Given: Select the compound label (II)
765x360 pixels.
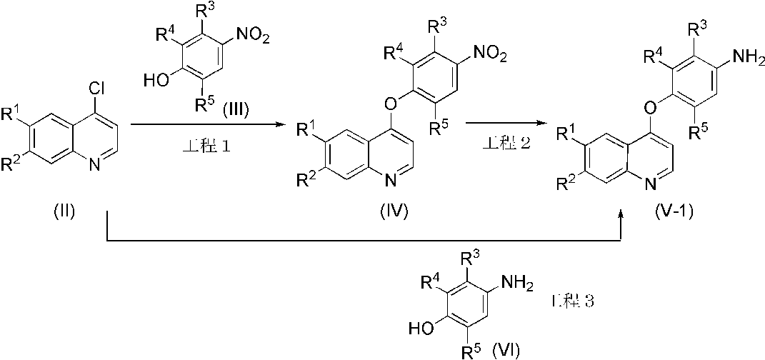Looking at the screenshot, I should [65, 211].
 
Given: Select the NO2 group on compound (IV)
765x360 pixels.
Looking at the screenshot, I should [487, 51].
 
